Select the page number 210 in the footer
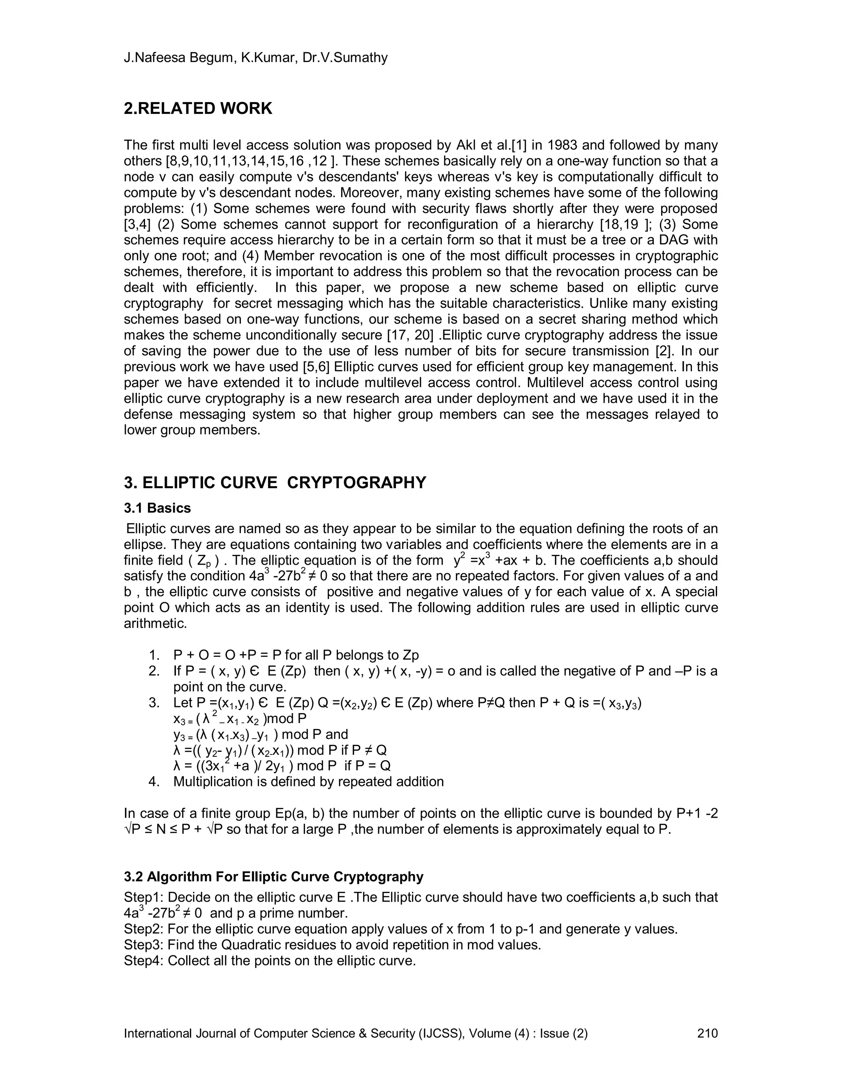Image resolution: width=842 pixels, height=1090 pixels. (x=707, y=1033)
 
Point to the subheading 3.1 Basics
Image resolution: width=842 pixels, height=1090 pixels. (x=157, y=508)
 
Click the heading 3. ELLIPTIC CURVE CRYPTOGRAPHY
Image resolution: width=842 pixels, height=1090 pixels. (x=275, y=482)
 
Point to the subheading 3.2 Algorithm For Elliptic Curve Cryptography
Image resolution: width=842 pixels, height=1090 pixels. (x=273, y=877)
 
